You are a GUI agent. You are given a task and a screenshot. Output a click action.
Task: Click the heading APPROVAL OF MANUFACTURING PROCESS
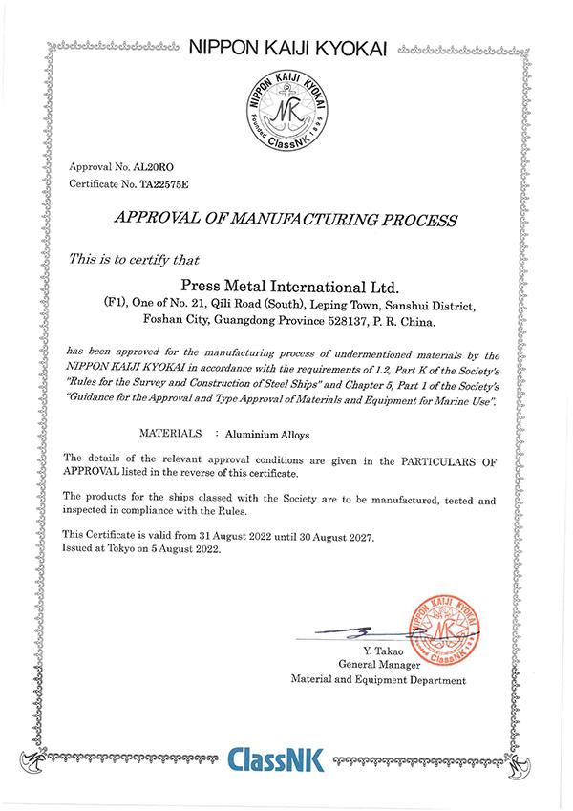click(x=286, y=220)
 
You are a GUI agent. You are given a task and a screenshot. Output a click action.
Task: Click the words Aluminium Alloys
click(x=261, y=432)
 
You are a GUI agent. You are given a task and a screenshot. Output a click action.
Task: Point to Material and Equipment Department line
click(x=379, y=679)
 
